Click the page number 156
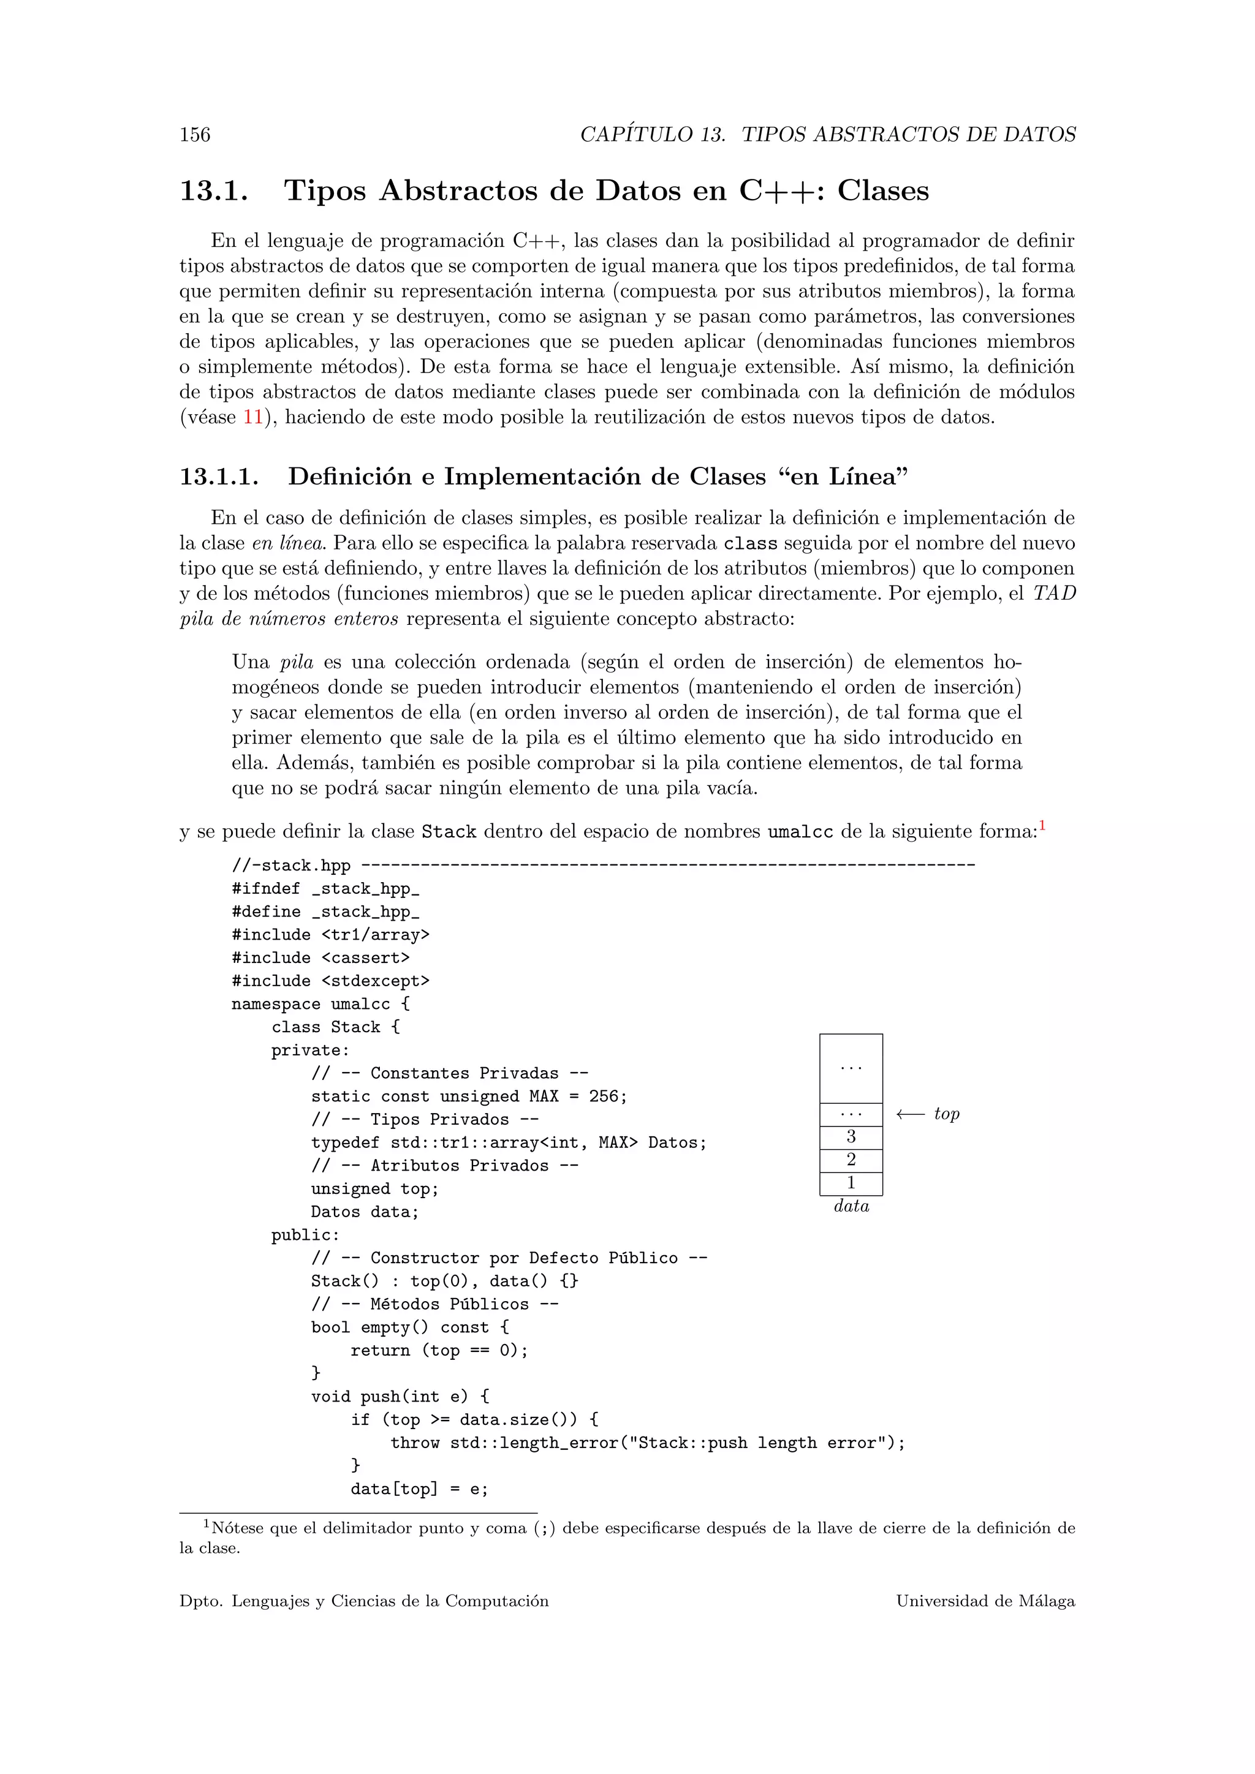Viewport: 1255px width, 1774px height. tap(195, 135)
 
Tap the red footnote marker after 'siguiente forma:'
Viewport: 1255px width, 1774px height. tap(1042, 827)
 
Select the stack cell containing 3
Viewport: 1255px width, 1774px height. tap(851, 1136)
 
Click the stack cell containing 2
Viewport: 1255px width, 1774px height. tap(851, 1160)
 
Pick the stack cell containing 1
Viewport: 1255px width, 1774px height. tap(851, 1183)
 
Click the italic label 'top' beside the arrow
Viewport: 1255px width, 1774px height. tap(947, 1114)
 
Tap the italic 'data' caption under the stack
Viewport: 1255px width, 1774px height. tap(851, 1206)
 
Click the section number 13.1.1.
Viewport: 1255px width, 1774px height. tap(219, 477)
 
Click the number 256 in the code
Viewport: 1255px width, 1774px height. tap(604, 1096)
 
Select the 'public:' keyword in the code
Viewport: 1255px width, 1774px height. tap(305, 1236)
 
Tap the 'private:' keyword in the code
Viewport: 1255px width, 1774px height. tap(311, 1051)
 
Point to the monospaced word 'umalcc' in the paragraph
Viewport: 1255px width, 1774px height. tap(800, 832)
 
